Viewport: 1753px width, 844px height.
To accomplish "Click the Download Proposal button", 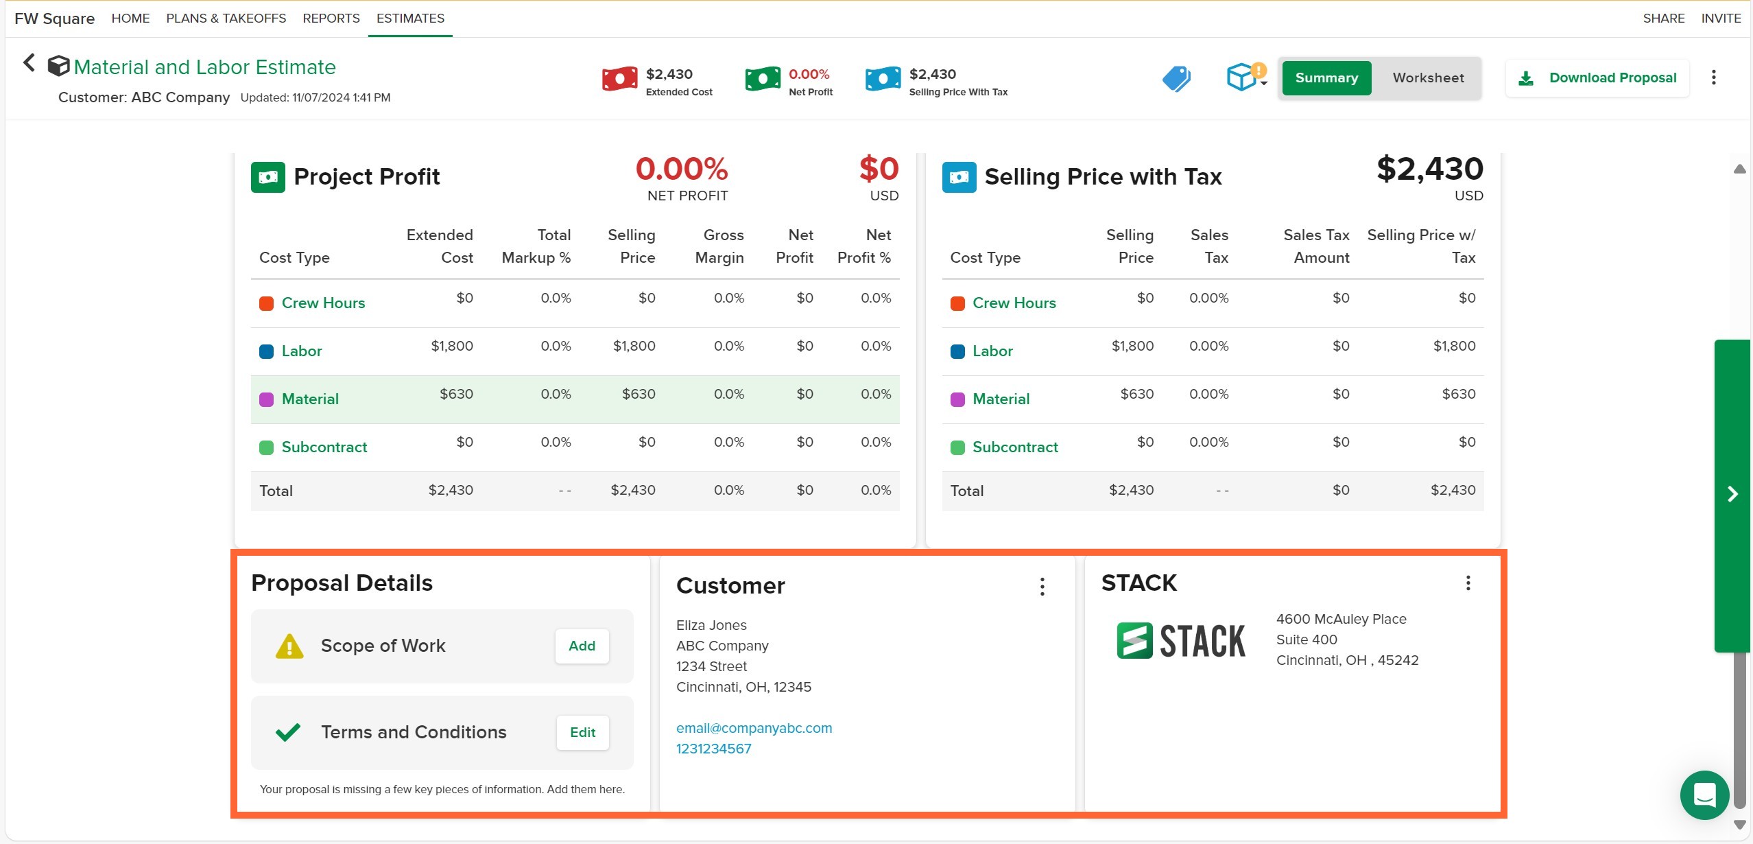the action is point(1597,78).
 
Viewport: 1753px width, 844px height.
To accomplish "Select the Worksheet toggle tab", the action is point(1428,78).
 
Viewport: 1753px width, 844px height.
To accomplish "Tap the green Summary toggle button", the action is point(1326,78).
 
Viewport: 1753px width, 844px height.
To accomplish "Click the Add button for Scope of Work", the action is point(582,646).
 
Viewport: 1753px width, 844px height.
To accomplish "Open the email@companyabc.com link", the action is point(754,728).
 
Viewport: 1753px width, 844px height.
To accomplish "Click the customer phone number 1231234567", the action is point(713,749).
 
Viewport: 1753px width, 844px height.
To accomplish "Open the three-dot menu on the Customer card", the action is point(1042,586).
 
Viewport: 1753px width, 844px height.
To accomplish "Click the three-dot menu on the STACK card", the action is point(1468,583).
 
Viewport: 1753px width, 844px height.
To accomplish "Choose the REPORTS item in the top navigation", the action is point(331,19).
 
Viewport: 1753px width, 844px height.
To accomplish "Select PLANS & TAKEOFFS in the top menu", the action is point(226,19).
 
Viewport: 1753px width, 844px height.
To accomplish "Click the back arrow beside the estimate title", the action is point(29,63).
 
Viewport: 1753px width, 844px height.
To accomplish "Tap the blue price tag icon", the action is point(1176,78).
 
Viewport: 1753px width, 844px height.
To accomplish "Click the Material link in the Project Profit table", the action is point(310,399).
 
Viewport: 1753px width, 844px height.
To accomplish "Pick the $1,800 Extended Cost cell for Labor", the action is point(452,346).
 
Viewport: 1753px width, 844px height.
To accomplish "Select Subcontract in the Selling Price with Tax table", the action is point(1015,447).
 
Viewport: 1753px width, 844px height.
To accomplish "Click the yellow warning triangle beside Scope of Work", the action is point(289,646).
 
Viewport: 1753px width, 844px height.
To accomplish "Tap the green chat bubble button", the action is point(1704,795).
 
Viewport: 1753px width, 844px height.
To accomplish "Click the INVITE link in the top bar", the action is point(1721,19).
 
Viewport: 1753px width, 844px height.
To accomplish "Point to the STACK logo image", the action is point(1181,641).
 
